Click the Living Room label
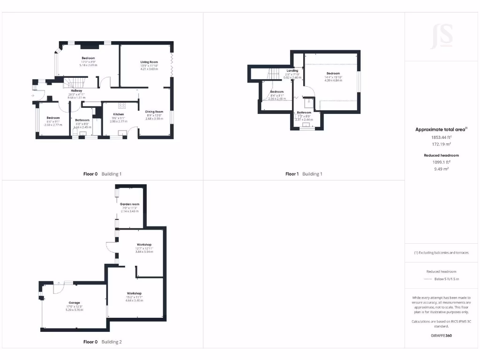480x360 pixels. coord(149,62)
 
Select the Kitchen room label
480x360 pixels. coord(118,114)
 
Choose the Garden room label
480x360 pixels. coord(129,204)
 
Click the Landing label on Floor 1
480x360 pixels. coord(292,70)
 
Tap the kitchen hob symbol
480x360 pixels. coord(121,105)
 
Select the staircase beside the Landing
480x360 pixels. coord(274,74)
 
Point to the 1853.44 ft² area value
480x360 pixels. coord(442,137)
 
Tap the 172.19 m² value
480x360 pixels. coord(442,144)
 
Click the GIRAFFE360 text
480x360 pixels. coord(442,336)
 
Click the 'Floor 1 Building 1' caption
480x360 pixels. coord(304,174)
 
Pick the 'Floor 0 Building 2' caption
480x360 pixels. coord(102,342)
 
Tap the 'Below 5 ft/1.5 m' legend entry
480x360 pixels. coord(447,279)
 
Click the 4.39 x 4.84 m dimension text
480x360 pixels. coord(333,81)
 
